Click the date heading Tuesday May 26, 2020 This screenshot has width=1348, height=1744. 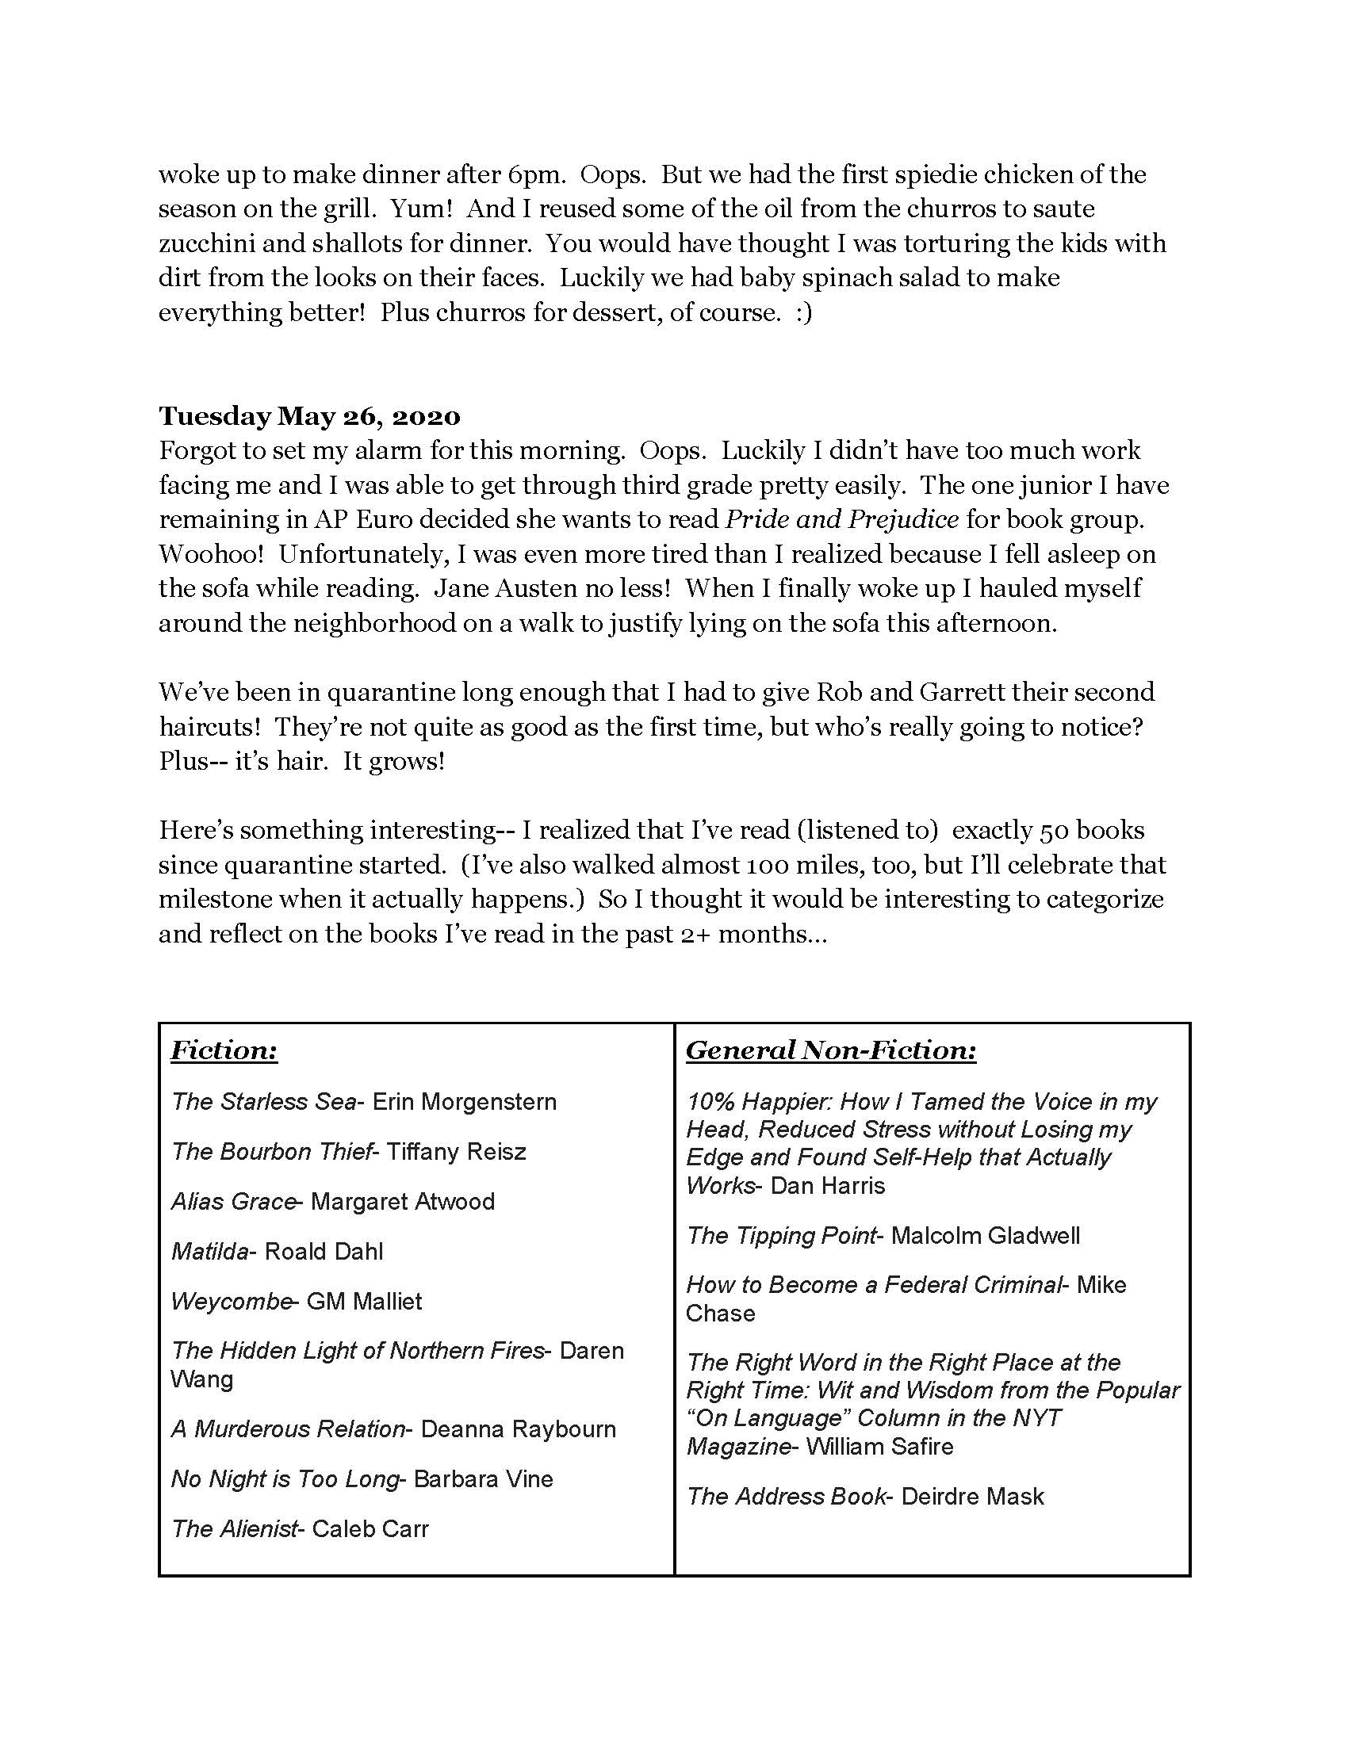pyautogui.click(x=309, y=416)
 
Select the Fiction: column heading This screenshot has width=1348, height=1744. pyautogui.click(x=224, y=1050)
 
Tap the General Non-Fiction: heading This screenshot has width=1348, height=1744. pyautogui.click(x=830, y=1050)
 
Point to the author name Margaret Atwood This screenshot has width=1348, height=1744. pyautogui.click(x=403, y=1202)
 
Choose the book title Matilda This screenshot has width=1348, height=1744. pyautogui.click(x=209, y=1251)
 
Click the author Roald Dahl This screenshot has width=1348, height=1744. pyautogui.click(x=324, y=1251)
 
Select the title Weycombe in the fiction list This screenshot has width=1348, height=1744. pyautogui.click(x=230, y=1302)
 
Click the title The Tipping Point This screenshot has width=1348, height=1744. pyautogui.click(x=781, y=1236)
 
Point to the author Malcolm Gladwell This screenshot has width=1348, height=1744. pyautogui.click(x=986, y=1236)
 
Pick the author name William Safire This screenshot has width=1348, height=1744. pyautogui.click(x=879, y=1446)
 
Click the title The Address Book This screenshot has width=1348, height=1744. pyautogui.click(x=786, y=1497)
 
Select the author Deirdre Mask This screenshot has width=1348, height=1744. pyautogui.click(x=973, y=1497)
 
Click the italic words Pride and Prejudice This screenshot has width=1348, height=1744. pyautogui.click(x=841, y=520)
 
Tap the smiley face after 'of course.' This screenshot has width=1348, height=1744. pyautogui.click(x=802, y=312)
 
